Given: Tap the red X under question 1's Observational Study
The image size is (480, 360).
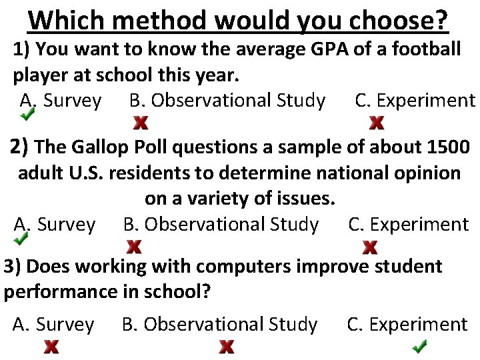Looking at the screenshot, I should click(x=141, y=123).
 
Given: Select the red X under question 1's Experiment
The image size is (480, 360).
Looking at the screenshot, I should click(x=377, y=123).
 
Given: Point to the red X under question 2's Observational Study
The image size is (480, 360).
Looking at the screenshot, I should click(x=134, y=247).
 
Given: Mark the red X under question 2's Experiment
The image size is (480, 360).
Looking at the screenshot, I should click(x=370, y=247).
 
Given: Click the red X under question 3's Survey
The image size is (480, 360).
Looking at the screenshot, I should click(x=51, y=347).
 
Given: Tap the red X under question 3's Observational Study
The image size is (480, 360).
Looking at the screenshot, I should click(x=227, y=347).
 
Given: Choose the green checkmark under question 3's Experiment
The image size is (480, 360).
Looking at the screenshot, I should click(x=419, y=347).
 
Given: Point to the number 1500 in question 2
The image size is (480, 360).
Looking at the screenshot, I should click(x=446, y=146).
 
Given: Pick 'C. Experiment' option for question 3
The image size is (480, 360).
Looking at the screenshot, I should click(x=407, y=325).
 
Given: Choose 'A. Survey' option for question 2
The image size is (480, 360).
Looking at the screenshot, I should click(x=55, y=225).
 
